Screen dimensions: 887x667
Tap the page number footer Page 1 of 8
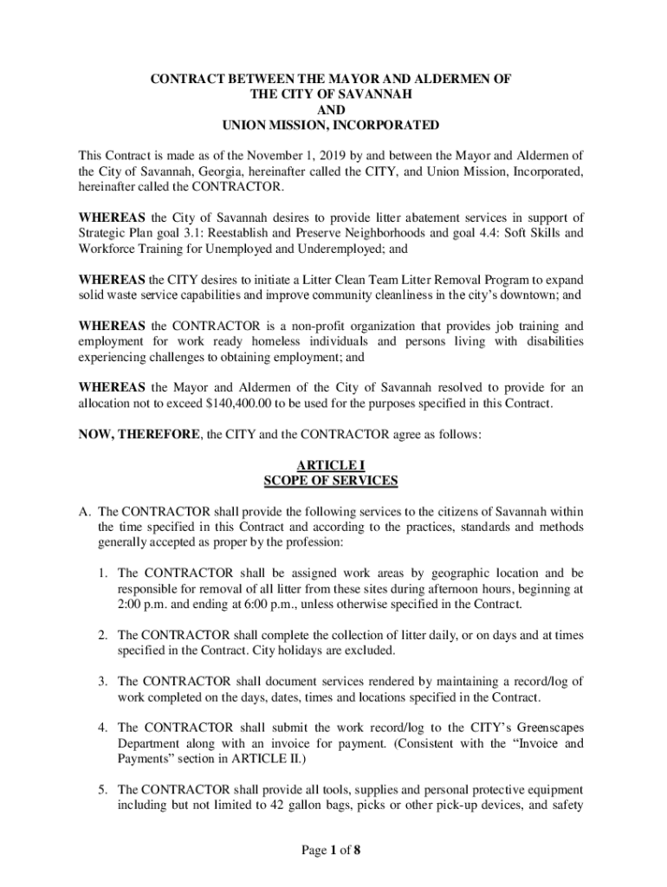331,850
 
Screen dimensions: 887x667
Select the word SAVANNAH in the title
374,94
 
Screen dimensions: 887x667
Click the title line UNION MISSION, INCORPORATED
331,126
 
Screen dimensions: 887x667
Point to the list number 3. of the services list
102,682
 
